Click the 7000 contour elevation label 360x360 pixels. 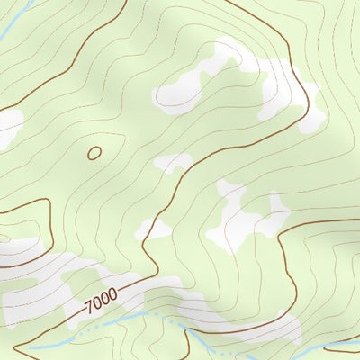point(102,300)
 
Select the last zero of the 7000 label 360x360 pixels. point(113,293)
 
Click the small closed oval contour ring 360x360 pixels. point(94,153)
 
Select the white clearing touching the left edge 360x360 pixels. point(8,126)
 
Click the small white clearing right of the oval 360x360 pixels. point(173,163)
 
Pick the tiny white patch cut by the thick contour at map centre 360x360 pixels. point(155,229)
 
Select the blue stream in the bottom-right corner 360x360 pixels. point(342,343)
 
